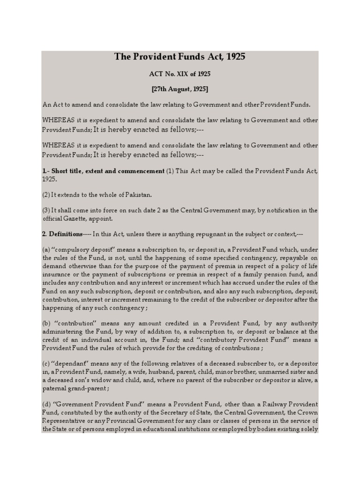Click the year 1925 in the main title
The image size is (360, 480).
[x=235, y=57]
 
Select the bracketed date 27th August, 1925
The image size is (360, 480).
[x=180, y=89]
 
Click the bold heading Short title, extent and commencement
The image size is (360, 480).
[x=108, y=171]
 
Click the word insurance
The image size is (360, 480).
[x=57, y=275]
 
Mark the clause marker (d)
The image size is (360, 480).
[x=46, y=404]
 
